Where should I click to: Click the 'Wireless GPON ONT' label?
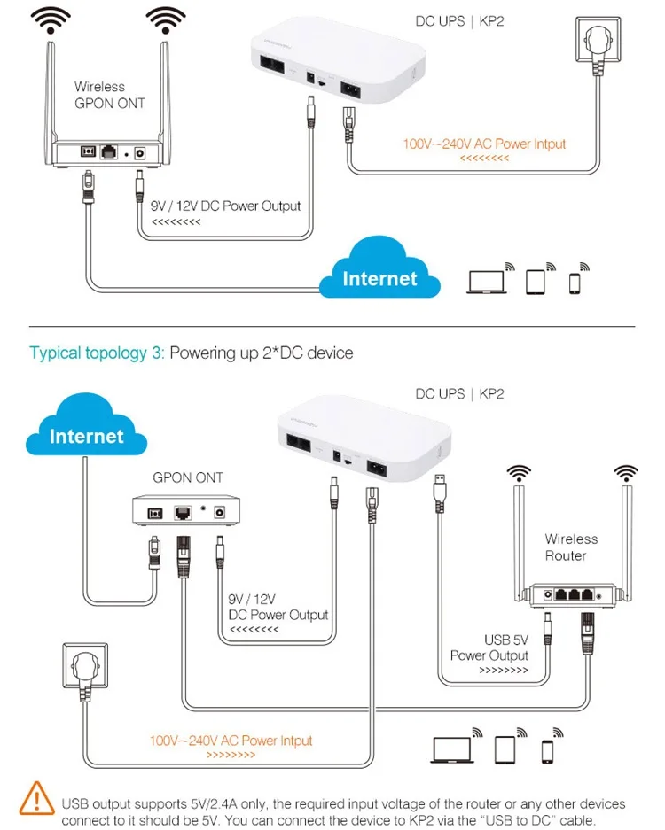click(x=100, y=95)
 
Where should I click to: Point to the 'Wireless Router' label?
click(x=571, y=547)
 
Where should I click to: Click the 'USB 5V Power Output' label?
click(x=489, y=647)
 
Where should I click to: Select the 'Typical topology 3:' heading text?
click(x=98, y=353)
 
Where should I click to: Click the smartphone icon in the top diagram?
click(x=575, y=282)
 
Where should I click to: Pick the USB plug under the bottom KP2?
click(x=440, y=489)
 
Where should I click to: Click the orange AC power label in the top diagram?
click(x=484, y=144)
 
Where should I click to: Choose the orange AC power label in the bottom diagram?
click(x=231, y=741)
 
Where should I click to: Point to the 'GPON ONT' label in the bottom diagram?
click(x=188, y=477)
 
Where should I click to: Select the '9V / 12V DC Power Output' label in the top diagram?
click(x=225, y=206)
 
